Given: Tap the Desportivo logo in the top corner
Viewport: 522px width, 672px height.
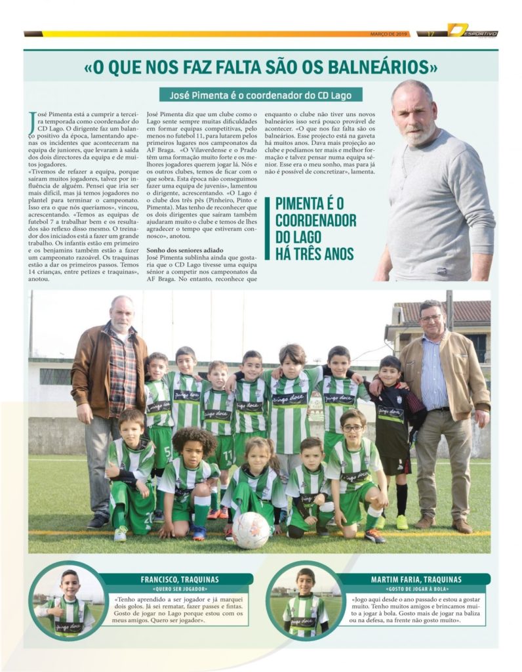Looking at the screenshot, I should [x=472, y=31].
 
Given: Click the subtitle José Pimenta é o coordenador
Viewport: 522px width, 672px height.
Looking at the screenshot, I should [x=260, y=94].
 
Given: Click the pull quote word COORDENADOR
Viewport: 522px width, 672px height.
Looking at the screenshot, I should [x=315, y=220].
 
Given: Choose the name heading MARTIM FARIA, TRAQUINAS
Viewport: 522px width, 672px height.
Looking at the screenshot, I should [x=425, y=579].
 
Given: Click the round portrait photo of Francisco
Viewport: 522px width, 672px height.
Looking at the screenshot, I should [x=68, y=601].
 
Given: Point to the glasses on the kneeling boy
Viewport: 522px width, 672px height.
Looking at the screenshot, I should [x=353, y=428].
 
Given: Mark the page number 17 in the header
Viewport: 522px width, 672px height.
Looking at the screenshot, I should [x=431, y=33].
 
